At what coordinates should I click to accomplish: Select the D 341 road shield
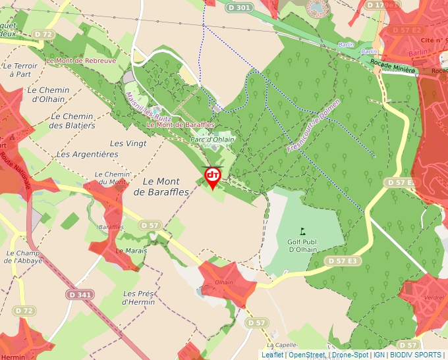(80, 295)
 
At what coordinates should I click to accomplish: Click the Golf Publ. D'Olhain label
(303, 246)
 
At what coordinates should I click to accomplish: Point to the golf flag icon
(303, 231)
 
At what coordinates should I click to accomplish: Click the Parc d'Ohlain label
(212, 140)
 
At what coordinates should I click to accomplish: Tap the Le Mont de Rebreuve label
(81, 61)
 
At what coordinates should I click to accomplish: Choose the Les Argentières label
(88, 154)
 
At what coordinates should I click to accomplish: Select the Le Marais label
(131, 251)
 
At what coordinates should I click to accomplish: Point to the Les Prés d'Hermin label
(138, 297)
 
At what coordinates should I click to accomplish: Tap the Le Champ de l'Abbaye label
(24, 257)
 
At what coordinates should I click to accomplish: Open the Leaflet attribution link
(272, 355)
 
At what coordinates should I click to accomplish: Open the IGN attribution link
(379, 355)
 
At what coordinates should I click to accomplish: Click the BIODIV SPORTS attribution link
(415, 355)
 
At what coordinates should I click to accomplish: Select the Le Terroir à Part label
(20, 70)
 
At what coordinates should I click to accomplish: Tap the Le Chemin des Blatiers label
(72, 120)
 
